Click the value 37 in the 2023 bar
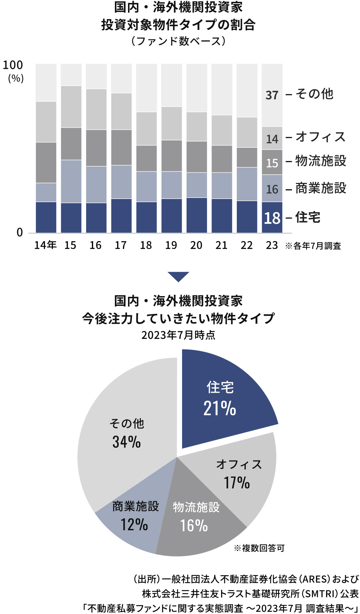point(272,95)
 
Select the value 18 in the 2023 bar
point(272,218)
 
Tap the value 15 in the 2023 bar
point(272,163)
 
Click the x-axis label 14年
point(45,245)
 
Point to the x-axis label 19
point(171,245)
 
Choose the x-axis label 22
point(247,245)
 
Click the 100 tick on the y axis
point(13,65)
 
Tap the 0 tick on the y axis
point(20,232)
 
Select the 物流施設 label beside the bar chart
point(321,161)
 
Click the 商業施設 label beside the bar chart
point(321,188)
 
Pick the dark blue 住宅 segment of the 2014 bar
point(46,217)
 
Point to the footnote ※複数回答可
point(259,548)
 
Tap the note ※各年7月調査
point(313,246)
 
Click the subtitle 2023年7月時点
point(178,335)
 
